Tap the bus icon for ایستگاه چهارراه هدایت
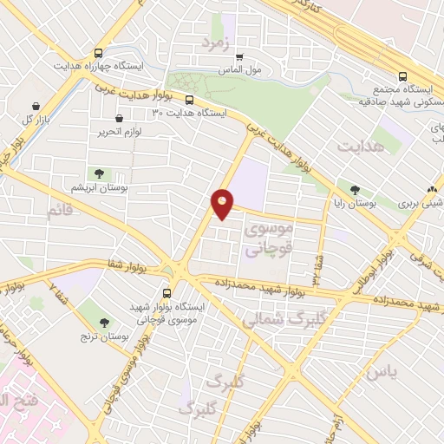97,52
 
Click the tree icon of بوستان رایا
354,189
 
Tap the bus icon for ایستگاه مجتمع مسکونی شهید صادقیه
402,76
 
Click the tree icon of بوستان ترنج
105,322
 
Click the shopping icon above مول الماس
239,57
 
